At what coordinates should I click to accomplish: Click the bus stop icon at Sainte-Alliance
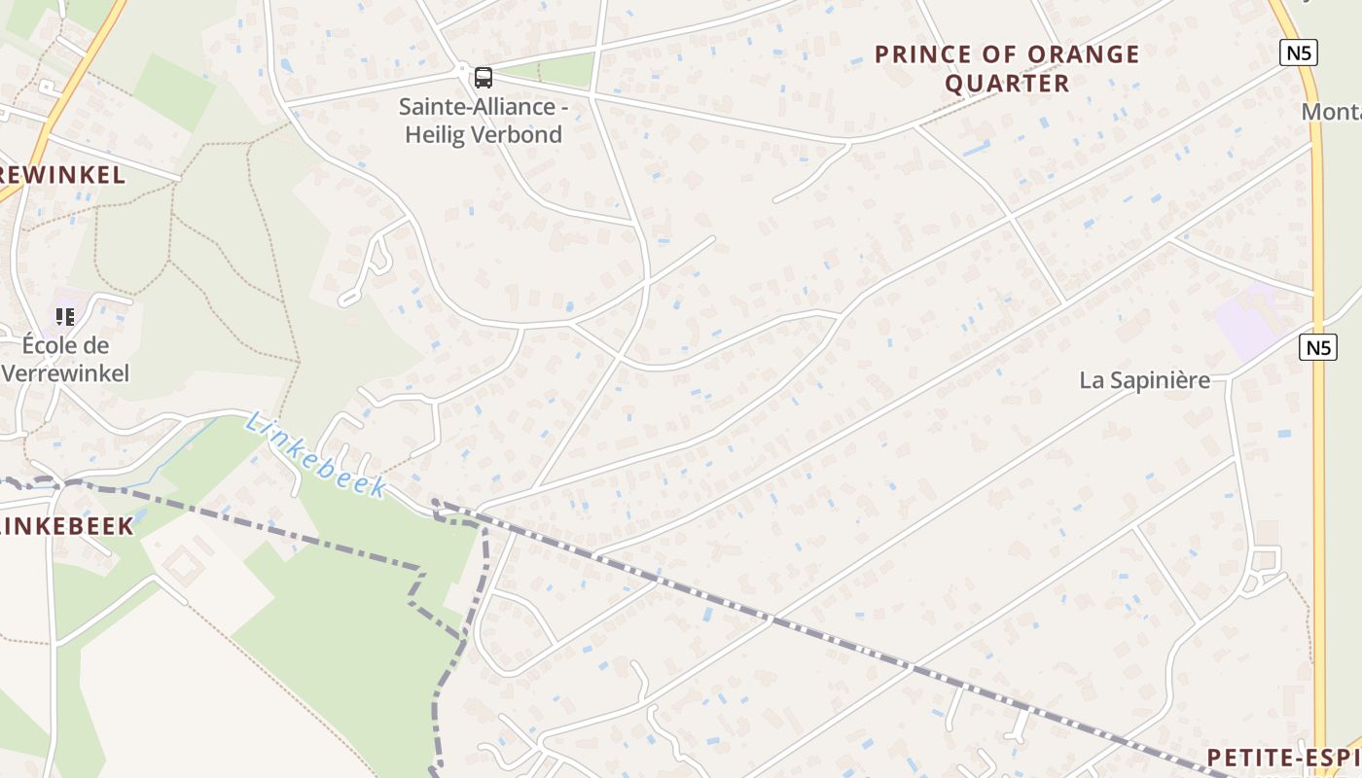[483, 77]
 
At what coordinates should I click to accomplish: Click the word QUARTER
[1007, 84]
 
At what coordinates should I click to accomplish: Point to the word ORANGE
[1082, 54]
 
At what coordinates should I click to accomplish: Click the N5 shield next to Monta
[1300, 53]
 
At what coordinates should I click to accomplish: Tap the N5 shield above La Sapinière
[1318, 347]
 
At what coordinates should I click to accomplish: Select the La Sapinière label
[1144, 380]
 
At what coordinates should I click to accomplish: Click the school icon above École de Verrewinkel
[65, 317]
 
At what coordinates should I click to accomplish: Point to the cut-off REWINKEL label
[62, 175]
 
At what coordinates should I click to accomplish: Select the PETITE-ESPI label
[1283, 758]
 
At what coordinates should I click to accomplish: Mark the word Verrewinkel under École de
[65, 373]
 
